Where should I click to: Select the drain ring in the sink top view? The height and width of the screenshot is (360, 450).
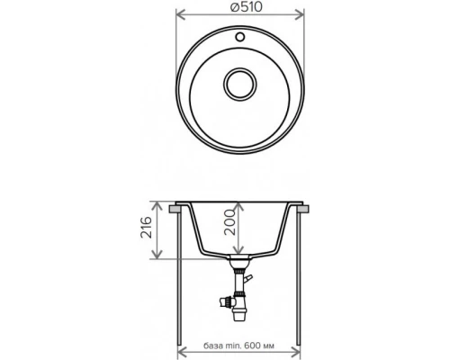(239, 84)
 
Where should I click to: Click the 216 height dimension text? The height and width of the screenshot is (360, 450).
(147, 231)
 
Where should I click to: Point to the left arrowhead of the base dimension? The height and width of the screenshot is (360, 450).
(184, 352)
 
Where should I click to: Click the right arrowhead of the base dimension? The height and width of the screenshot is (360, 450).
(298, 352)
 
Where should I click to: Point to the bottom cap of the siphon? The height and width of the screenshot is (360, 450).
(239, 314)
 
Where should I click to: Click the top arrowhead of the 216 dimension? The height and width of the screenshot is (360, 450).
(159, 203)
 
